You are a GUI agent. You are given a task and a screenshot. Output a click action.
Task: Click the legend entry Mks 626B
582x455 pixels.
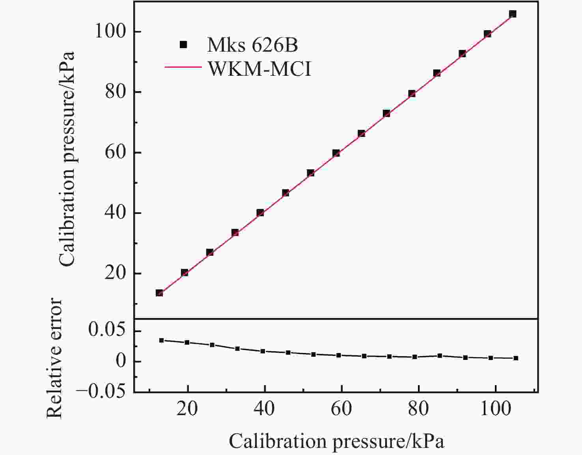coord(252,45)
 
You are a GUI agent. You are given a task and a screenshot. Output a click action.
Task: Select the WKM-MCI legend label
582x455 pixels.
coord(259,69)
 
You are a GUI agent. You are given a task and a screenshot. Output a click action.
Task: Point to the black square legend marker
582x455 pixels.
coord(183,45)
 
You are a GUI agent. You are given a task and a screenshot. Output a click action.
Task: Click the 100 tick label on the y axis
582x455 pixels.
coord(111,32)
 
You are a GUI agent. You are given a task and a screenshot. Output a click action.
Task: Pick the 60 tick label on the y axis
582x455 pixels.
coord(116,152)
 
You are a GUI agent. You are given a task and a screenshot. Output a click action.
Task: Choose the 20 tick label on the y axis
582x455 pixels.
coord(116,273)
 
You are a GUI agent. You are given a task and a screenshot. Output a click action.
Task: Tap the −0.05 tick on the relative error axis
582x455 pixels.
coord(101,391)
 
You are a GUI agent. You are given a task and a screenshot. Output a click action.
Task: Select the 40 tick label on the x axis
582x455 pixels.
coord(264,409)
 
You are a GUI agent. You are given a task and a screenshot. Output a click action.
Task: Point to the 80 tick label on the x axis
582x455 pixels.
coord(418,409)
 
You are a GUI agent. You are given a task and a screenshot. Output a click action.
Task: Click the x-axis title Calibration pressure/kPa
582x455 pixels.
coord(336,441)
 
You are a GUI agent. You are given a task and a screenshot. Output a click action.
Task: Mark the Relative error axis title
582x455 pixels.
coord(55,358)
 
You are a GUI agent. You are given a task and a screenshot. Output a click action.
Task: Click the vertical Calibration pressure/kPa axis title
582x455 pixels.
coord(67,159)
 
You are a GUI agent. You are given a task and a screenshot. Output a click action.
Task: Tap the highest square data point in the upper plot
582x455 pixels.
coord(513,14)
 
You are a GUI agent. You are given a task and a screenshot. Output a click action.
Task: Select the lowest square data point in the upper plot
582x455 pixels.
coord(159,293)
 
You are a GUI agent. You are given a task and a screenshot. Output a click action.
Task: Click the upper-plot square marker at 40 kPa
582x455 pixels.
coord(260,213)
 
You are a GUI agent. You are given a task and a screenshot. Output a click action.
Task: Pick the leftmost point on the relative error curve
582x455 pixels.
coord(161,340)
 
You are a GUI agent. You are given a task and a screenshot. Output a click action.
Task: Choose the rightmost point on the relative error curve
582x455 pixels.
coord(516,358)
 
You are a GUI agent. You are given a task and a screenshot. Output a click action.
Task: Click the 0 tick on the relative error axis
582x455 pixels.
coord(121,361)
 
